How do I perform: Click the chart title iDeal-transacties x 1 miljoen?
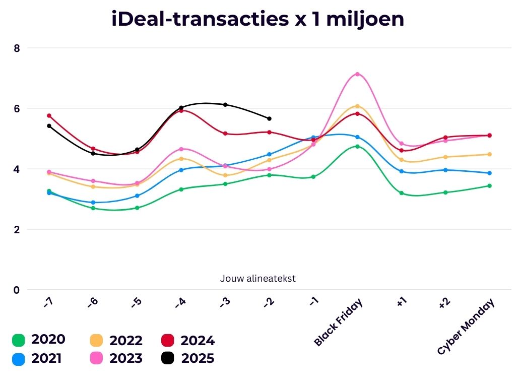(257, 19)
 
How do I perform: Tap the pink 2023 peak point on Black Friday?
(357, 74)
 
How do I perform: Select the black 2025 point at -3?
(225, 105)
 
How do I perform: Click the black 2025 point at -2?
(269, 118)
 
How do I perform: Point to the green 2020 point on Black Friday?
(357, 147)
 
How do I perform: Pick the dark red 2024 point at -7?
(49, 115)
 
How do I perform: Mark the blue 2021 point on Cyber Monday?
(489, 173)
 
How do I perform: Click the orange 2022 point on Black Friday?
(357, 106)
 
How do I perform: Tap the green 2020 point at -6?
(93, 208)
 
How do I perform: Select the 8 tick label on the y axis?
(17, 48)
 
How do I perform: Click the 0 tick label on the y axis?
(17, 290)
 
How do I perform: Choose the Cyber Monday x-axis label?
(467, 327)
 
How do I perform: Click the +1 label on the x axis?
(402, 302)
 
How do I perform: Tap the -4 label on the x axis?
(180, 302)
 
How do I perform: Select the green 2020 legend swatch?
(19, 341)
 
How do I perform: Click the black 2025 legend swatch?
(168, 358)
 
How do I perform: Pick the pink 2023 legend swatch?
(96, 358)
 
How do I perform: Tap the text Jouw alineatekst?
(257, 278)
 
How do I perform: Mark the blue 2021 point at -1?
(313, 138)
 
